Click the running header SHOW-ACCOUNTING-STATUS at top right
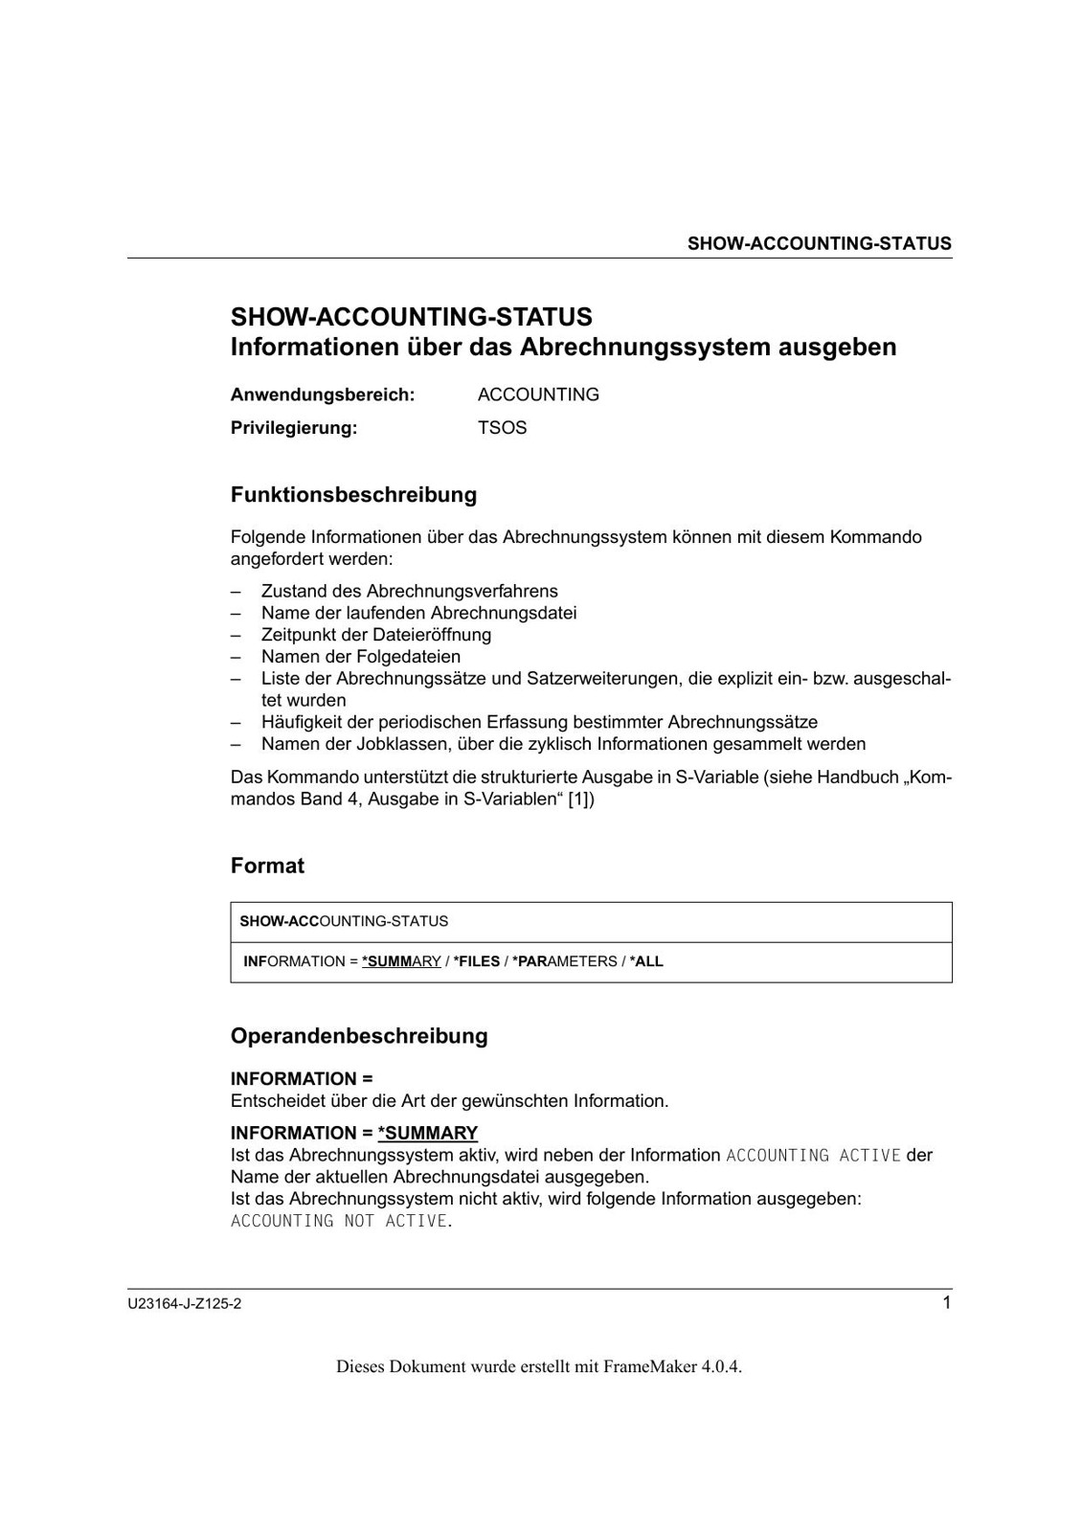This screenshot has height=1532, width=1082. tap(819, 243)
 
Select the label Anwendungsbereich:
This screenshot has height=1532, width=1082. tap(322, 394)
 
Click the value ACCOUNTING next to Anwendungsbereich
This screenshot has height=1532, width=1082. tap(538, 394)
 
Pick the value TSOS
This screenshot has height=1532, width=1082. tap(502, 428)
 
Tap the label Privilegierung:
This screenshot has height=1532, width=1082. tap(293, 428)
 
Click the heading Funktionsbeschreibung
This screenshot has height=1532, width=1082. tap(353, 495)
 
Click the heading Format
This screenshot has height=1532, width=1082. tap(267, 866)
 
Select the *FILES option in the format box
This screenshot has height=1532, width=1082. tap(477, 961)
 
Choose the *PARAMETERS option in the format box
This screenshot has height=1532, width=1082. tap(565, 961)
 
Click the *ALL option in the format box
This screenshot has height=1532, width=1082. tap(646, 961)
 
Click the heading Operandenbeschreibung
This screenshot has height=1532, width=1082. tap(359, 1036)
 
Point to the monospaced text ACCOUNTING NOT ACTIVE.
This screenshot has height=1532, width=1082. tap(340, 1221)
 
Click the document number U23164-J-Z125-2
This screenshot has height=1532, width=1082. tap(184, 1304)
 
